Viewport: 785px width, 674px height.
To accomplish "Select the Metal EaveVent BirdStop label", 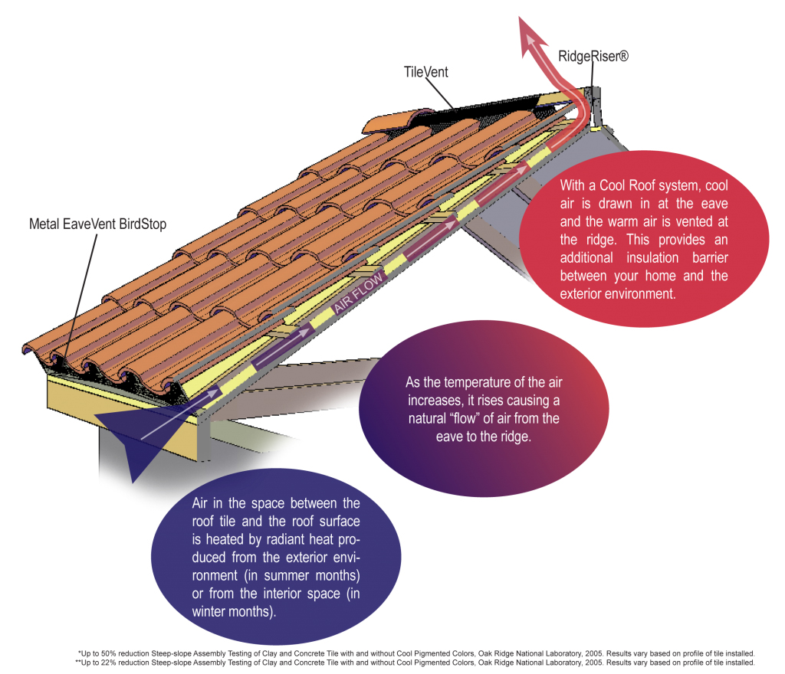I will pos(97,224).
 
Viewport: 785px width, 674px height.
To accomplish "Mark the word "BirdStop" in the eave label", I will pos(142,224).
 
